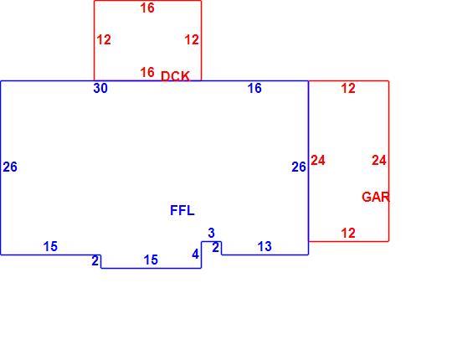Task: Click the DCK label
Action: pyautogui.click(x=175, y=76)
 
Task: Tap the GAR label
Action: pyautogui.click(x=376, y=197)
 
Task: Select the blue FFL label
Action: pyautogui.click(x=182, y=210)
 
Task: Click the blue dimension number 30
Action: pyautogui.click(x=100, y=88)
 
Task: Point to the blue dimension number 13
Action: pyautogui.click(x=265, y=247)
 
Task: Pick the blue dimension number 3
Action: pyautogui.click(x=211, y=233)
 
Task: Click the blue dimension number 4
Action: pyautogui.click(x=195, y=255)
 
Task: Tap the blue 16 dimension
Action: pyautogui.click(x=254, y=88)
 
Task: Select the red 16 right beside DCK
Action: pyautogui.click(x=147, y=72)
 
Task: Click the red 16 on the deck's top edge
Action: pyautogui.click(x=147, y=8)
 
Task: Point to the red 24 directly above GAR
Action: pyautogui.click(x=379, y=160)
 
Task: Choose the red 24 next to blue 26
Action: pyautogui.click(x=318, y=160)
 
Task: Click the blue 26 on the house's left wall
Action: pyautogui.click(x=10, y=167)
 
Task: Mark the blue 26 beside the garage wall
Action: pyautogui.click(x=299, y=167)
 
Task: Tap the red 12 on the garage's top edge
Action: pyautogui.click(x=348, y=88)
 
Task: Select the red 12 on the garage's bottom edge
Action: pyautogui.click(x=348, y=233)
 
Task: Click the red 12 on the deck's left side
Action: pyautogui.click(x=104, y=40)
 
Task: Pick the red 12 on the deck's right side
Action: pyautogui.click(x=192, y=40)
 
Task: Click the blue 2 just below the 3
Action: pyautogui.click(x=216, y=248)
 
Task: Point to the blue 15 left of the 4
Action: pyautogui.click(x=151, y=260)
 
